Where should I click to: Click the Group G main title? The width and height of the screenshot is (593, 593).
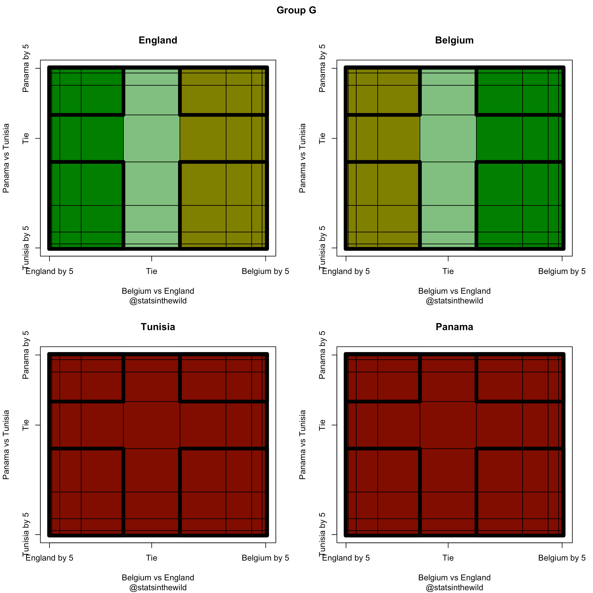(296, 10)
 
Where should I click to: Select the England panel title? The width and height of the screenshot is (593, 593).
(158, 40)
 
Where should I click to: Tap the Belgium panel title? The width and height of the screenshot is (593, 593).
(454, 40)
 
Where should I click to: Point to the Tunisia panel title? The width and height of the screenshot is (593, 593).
(158, 327)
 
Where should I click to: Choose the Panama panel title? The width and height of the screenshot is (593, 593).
(454, 327)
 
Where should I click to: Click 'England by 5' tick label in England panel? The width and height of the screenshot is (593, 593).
(49, 271)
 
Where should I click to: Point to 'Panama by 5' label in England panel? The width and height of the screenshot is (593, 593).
(26, 68)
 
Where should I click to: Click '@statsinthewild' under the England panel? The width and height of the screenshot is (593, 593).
(158, 301)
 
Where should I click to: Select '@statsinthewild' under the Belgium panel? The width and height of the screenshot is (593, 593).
(454, 301)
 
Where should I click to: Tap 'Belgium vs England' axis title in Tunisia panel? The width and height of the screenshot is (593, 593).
(158, 578)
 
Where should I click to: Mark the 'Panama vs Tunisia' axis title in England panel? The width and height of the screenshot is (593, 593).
(6, 158)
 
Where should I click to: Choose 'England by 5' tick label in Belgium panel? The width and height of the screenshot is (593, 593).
(346, 271)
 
